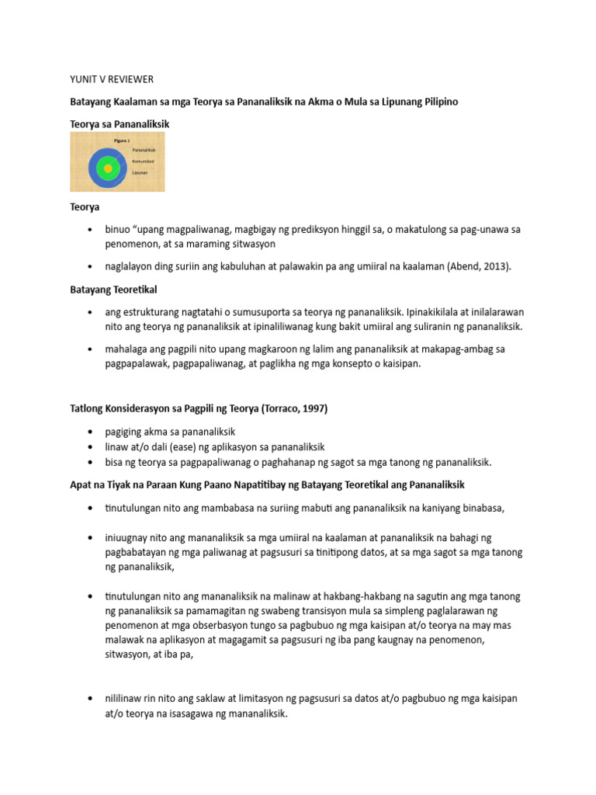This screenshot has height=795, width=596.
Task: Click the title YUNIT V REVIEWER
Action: pos(112,80)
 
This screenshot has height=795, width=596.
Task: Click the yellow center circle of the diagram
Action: pos(108,168)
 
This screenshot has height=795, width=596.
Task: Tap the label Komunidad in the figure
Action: pos(144,161)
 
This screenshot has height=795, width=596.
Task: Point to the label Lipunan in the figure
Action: pos(140,173)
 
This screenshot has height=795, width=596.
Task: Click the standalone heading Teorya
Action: pos(85,208)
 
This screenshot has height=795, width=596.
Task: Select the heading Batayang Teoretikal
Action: pos(113,289)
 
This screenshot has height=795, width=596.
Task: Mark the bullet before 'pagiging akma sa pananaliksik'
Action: pos(91,432)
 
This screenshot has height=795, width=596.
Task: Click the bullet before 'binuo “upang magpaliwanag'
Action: pos(91,231)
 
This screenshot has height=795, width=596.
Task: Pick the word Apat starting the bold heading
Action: pos(81,484)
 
